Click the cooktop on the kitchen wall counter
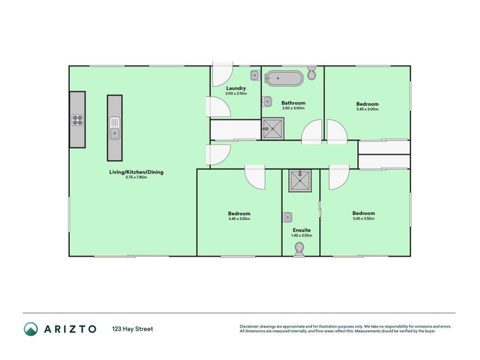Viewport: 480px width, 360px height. [77, 119]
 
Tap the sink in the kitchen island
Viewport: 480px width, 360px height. [115, 128]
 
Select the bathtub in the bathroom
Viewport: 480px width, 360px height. [284, 77]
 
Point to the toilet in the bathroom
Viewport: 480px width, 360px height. [311, 74]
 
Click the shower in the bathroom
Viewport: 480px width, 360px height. [274, 128]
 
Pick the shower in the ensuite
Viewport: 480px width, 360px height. [300, 179]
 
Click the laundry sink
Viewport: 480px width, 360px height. [254, 76]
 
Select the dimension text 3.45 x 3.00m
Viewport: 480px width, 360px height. [367, 109]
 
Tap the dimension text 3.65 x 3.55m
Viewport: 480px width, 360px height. [364, 219]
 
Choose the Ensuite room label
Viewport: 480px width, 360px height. [301, 230]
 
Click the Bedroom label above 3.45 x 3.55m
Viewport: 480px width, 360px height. [239, 214]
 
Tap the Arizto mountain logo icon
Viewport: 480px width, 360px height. [31, 329]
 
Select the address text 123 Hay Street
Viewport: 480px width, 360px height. [133, 329]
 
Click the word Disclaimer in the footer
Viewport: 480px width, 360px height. [251, 326]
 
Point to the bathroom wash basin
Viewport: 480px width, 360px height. [268, 101]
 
